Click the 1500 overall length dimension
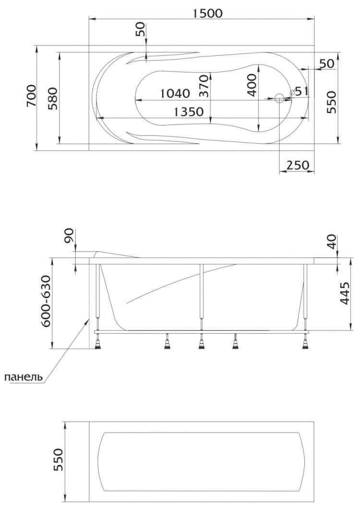(208, 13)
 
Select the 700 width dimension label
(31, 96)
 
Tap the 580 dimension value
(53, 98)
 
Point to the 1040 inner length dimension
(175, 94)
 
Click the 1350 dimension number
(189, 112)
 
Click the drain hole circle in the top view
(279, 98)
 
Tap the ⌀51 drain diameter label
(299, 91)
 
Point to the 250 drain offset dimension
(298, 165)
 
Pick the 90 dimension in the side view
(69, 236)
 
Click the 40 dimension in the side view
(333, 242)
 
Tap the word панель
(24, 377)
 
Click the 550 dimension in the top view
(331, 102)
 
